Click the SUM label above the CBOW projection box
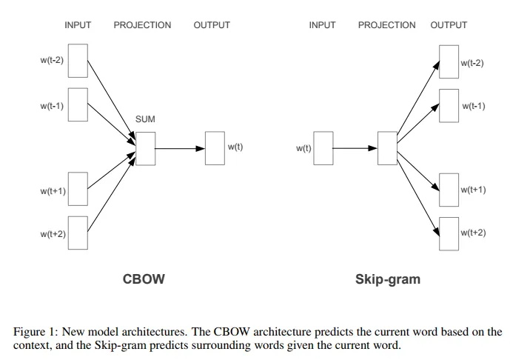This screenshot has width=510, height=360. point(145,119)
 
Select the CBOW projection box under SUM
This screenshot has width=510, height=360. point(145,148)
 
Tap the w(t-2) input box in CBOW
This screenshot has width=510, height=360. point(78,60)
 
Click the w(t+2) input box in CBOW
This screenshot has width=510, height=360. point(78,234)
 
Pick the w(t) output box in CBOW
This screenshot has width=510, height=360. point(215,148)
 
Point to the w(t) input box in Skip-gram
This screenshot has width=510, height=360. point(323,148)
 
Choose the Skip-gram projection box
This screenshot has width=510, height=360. point(387,148)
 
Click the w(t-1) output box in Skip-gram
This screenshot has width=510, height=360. point(449,106)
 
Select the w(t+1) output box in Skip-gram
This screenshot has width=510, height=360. point(449,190)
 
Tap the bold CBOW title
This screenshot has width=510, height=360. point(143,279)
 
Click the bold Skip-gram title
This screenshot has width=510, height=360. point(387,279)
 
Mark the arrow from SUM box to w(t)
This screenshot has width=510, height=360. point(180,148)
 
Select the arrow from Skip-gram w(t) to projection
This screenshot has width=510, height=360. point(355,148)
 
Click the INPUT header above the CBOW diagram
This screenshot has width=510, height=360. point(78,25)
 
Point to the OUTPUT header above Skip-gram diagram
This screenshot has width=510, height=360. point(449,25)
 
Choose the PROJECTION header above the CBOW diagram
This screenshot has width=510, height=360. point(142,25)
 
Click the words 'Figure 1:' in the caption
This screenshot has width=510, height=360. point(36,332)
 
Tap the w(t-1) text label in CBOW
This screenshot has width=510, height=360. point(52,106)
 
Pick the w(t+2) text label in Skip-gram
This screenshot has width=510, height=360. point(473,233)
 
